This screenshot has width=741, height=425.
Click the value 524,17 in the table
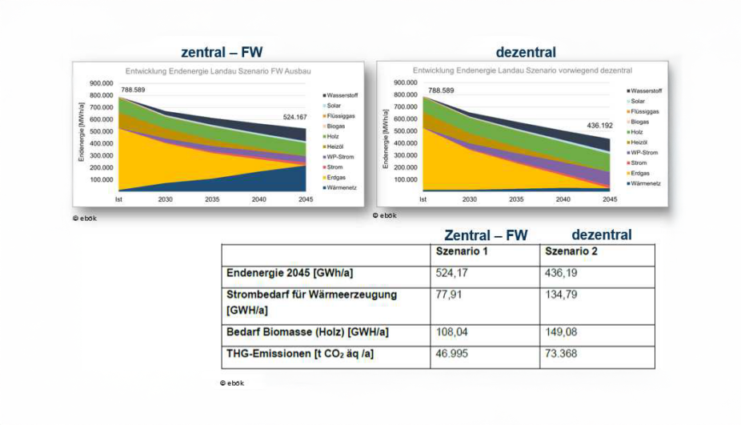click(451, 274)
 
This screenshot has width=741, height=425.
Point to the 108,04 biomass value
click(451, 332)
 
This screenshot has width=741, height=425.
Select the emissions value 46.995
click(452, 354)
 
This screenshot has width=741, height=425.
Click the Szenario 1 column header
click(462, 251)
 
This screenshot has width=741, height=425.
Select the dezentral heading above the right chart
click(526, 53)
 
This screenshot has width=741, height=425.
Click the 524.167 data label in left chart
click(300, 117)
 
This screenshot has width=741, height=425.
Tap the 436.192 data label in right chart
click(593, 125)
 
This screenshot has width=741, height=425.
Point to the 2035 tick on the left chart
click(212, 198)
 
